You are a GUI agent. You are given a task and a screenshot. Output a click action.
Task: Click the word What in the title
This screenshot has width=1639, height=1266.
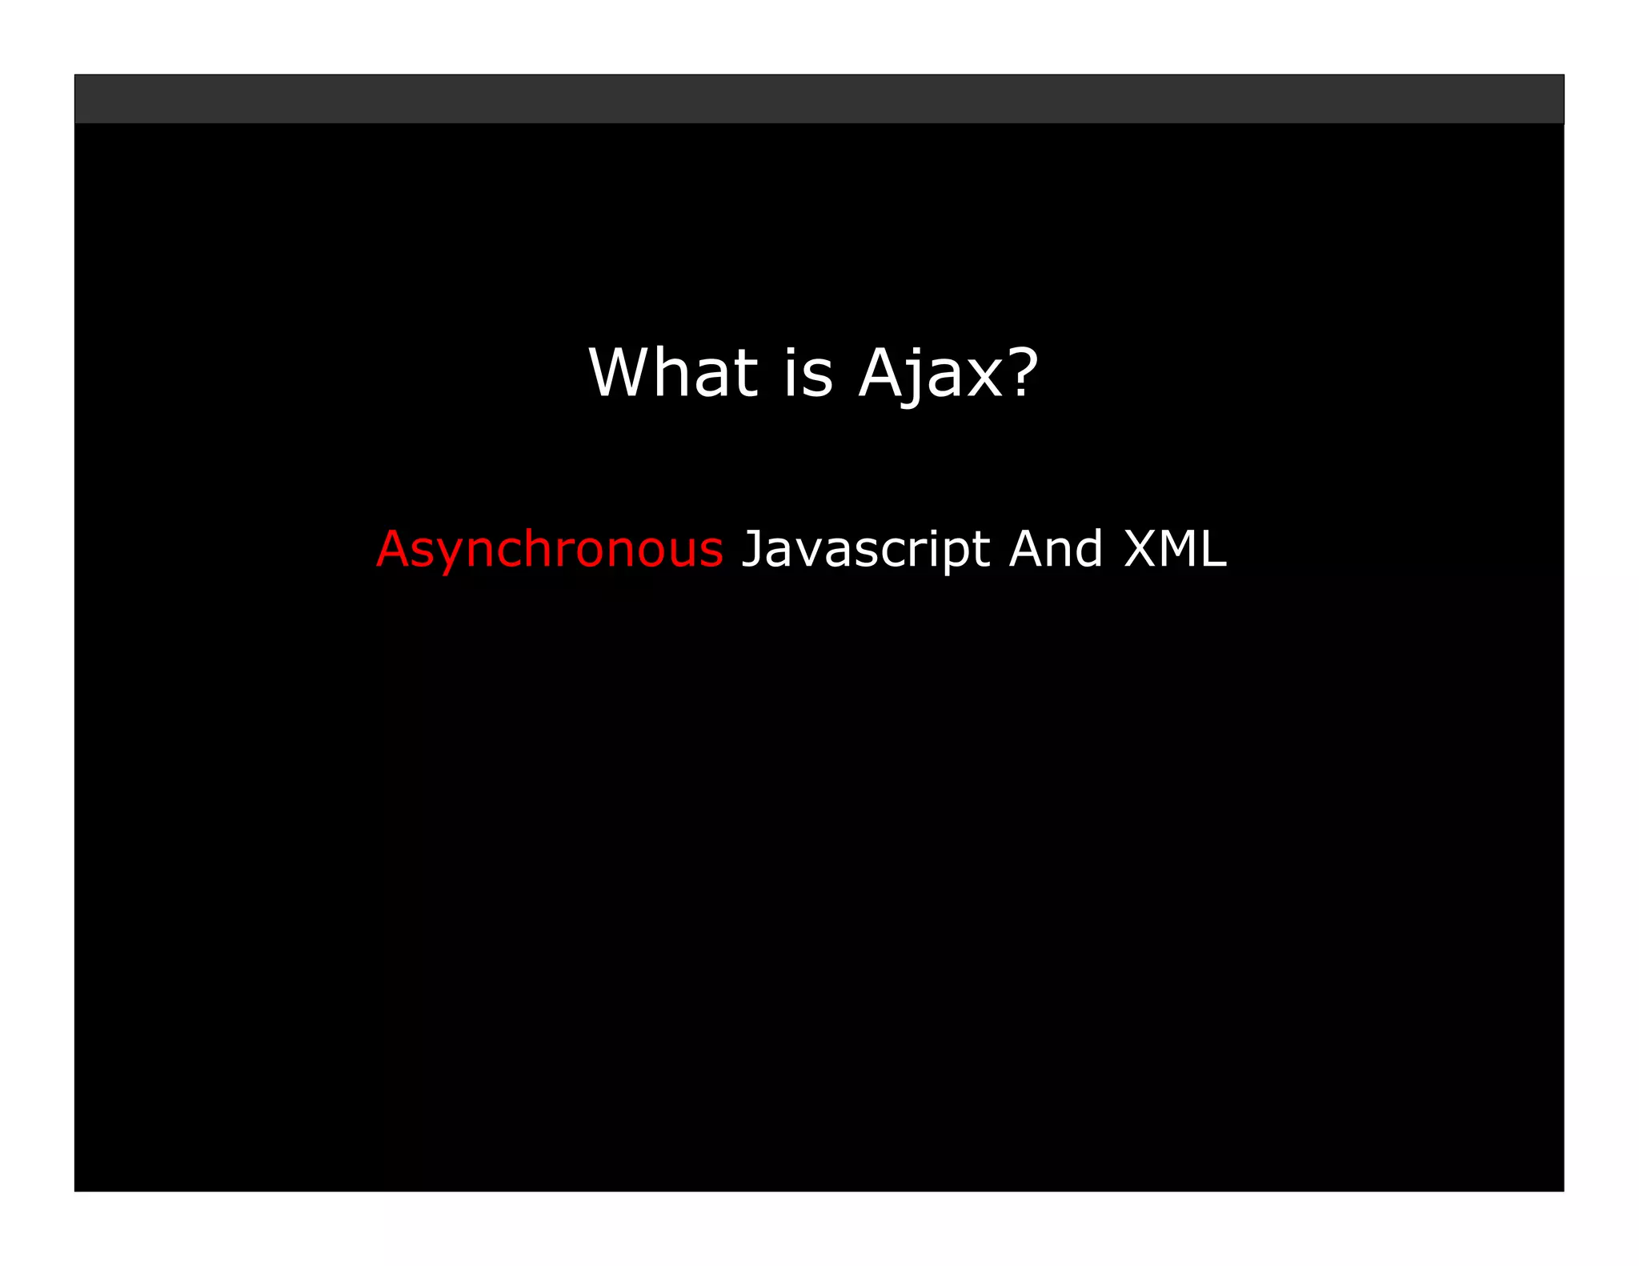click(x=672, y=373)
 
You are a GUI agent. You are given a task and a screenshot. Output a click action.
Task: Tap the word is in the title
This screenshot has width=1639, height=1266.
click(x=808, y=373)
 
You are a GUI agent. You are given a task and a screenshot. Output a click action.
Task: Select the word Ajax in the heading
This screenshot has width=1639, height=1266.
click(x=931, y=373)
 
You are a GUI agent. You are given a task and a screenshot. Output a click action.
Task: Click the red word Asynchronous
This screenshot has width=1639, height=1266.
click(x=550, y=550)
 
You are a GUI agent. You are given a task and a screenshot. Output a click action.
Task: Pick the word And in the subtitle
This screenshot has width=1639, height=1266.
click(x=1056, y=550)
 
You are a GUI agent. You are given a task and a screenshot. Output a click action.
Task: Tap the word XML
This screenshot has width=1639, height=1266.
click(x=1175, y=550)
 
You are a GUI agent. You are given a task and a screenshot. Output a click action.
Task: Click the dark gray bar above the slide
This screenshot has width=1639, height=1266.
click(x=819, y=99)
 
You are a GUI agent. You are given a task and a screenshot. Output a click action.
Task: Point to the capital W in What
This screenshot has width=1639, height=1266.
click(x=622, y=373)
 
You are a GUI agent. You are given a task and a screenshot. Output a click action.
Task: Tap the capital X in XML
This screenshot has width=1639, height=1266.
click(x=1142, y=550)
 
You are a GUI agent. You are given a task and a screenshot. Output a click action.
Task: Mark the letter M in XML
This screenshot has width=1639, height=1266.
click(x=1178, y=550)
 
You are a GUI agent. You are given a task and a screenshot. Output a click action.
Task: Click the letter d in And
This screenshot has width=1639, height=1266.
click(x=1089, y=550)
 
